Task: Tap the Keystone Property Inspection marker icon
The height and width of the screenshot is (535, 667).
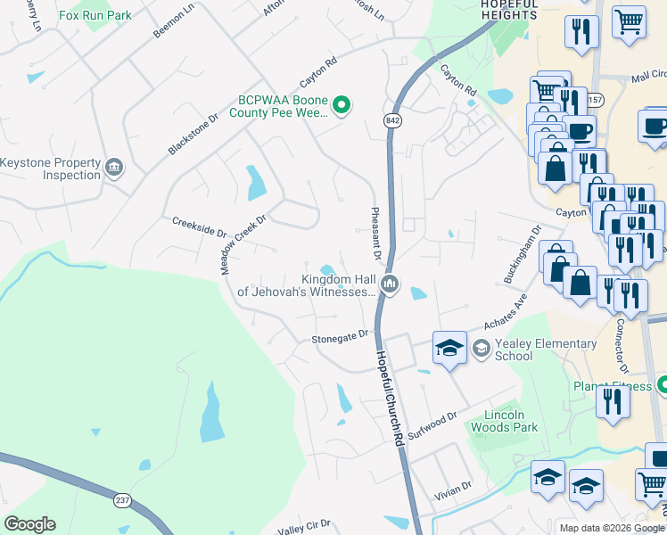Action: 114,168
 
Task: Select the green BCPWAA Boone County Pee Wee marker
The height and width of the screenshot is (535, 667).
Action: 341,107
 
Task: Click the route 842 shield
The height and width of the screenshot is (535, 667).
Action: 392,119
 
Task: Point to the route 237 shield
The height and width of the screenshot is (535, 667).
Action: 122,501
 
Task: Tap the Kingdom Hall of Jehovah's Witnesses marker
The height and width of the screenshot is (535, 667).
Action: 389,284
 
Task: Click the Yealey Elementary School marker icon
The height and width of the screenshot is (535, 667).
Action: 482,348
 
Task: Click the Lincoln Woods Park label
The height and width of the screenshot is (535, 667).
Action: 511,421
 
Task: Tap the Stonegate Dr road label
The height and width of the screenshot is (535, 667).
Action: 340,337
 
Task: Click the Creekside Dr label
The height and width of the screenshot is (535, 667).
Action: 199,228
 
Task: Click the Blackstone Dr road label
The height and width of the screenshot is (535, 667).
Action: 193,135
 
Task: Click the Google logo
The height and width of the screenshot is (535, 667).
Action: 29,524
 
